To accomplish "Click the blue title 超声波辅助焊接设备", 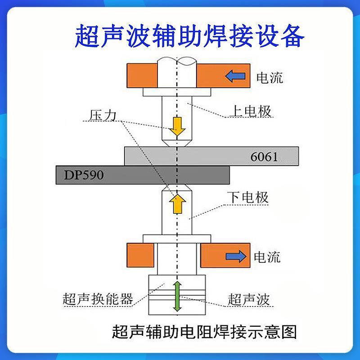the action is click(189, 37).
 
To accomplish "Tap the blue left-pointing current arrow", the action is click(235, 76).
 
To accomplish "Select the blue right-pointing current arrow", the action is click(236, 256).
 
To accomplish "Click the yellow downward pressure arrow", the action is click(177, 127).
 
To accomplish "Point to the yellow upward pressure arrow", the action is click(177, 203).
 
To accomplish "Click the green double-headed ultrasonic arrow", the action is click(177, 296).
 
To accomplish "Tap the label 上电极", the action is click(251, 111).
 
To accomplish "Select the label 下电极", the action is click(248, 198).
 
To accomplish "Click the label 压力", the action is click(103, 115).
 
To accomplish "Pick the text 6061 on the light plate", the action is click(264, 157).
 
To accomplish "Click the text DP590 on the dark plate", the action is click(84, 175).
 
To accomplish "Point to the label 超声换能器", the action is click(98, 299).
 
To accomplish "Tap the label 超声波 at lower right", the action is click(248, 299).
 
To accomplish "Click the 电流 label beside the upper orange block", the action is click(270, 77).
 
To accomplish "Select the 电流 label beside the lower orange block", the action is click(267, 256).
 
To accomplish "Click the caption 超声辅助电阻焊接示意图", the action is click(204, 332).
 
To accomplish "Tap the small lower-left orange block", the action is click(140, 255).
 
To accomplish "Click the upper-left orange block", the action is click(142, 76).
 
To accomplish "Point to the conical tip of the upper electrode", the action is click(177, 142).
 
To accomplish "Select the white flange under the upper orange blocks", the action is click(177, 92).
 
